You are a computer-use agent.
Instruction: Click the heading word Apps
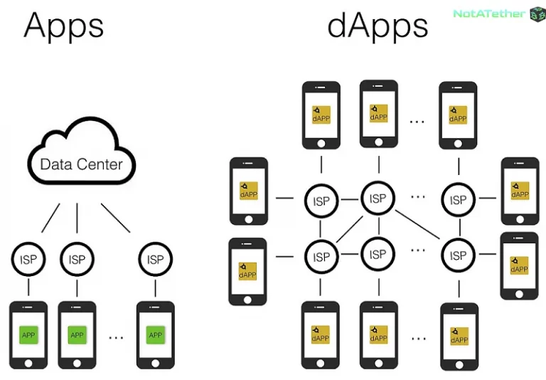pyautogui.click(x=64, y=26)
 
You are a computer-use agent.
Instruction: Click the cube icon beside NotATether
pyautogui.click(x=537, y=14)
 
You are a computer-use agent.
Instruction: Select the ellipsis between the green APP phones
pyautogui.click(x=117, y=335)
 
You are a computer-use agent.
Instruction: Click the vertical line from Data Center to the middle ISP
pyautogui.click(x=77, y=218)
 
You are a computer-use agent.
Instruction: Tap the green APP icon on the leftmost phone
pyautogui.click(x=28, y=334)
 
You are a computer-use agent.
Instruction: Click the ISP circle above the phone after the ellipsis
pyautogui.click(x=155, y=259)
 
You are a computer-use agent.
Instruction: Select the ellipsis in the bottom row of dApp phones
pyautogui.click(x=417, y=338)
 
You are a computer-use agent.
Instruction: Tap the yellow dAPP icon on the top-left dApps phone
pyautogui.click(x=321, y=115)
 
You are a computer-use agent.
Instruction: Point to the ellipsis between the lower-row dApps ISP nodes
pyautogui.click(x=418, y=250)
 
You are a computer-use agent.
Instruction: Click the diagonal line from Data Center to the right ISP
pyautogui.click(x=115, y=218)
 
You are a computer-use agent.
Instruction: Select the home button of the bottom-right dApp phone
pyautogui.click(x=459, y=361)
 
